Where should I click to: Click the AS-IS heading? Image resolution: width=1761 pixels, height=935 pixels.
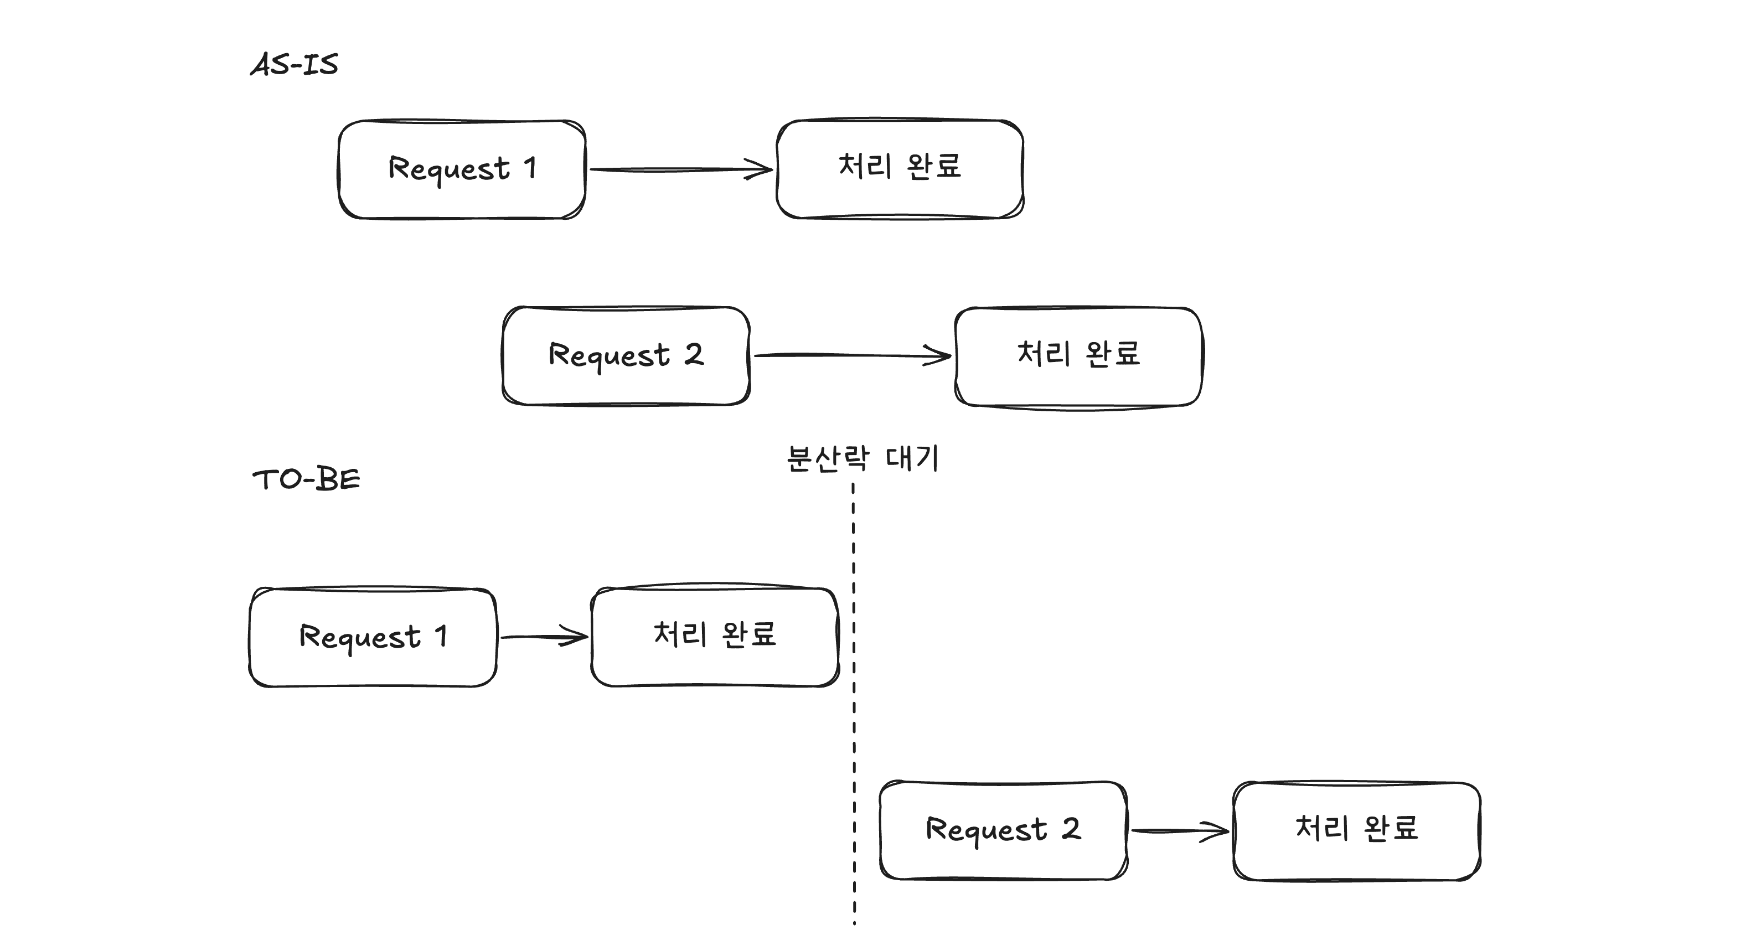pos(294,64)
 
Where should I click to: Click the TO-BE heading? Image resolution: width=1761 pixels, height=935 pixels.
pos(306,479)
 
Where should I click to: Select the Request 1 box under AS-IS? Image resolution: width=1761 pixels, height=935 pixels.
pos(462,169)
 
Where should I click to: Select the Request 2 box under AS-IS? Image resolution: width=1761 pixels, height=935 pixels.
pos(626,355)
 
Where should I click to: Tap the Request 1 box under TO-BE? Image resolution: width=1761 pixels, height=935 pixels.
pos(373,637)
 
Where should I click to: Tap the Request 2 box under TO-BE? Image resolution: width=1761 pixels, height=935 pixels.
pos(1003,830)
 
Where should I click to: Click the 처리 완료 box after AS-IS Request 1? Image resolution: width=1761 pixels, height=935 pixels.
pos(900,169)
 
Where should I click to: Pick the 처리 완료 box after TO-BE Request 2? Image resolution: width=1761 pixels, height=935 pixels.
pos(1356,830)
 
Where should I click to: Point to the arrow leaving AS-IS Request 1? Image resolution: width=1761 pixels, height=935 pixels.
pos(680,169)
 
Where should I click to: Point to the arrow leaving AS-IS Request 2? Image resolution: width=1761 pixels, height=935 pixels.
pos(851,355)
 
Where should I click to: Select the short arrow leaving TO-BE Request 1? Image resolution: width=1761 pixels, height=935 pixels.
pos(544,637)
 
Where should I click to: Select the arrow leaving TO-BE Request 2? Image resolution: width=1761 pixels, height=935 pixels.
pos(1179,830)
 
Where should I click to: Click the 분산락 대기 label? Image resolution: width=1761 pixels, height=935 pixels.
pos(863,458)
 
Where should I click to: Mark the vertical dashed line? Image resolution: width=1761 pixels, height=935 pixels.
pos(854,704)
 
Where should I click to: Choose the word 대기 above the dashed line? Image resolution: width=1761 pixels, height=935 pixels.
pos(912,458)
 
